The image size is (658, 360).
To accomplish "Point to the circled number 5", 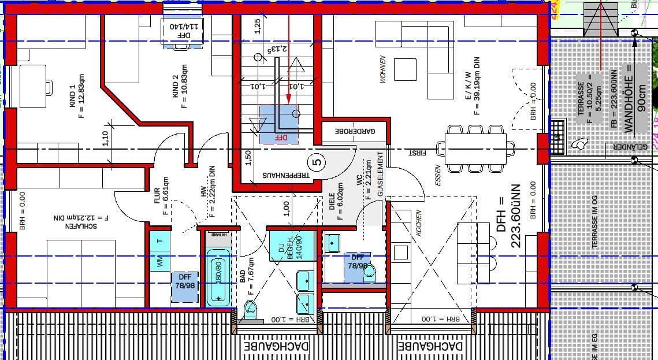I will coord(319,162).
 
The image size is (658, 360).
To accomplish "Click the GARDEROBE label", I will coord(355,132).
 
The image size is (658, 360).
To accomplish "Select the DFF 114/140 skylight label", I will coord(183,27).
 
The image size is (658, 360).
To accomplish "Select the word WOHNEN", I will coord(382,69).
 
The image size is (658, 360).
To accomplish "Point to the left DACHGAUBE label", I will coord(277,347).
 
